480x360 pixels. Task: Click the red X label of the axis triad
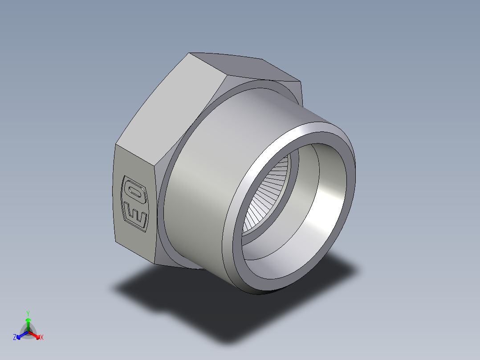(42, 338)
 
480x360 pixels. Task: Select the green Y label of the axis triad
(28, 313)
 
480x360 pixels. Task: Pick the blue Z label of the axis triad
(15, 338)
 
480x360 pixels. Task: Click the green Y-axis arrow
(28, 323)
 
